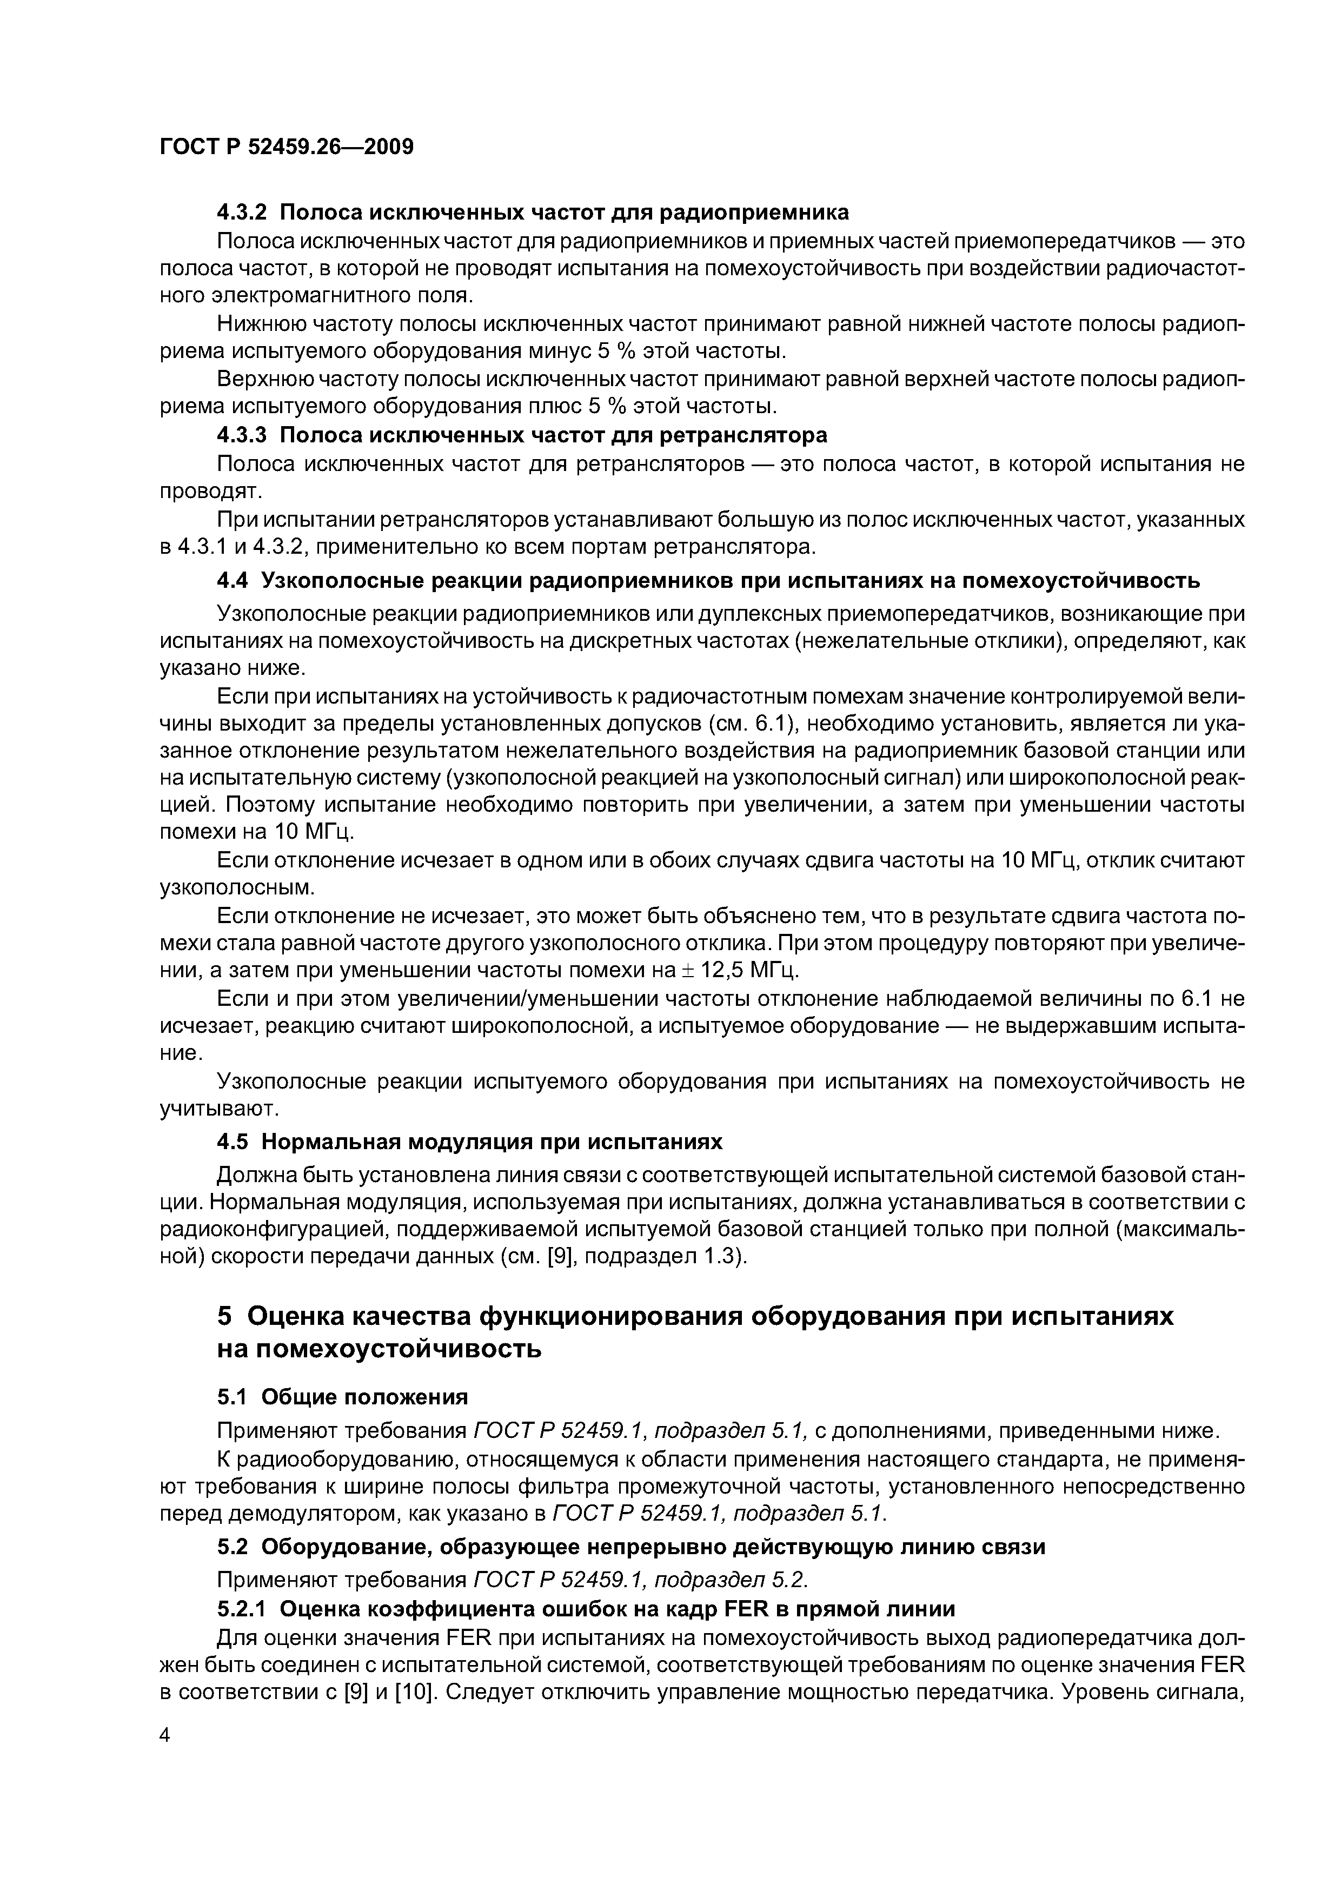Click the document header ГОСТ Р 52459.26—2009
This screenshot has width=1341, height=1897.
point(286,147)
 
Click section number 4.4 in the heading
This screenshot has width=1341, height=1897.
point(231,582)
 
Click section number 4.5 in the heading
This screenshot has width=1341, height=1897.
point(231,1143)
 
